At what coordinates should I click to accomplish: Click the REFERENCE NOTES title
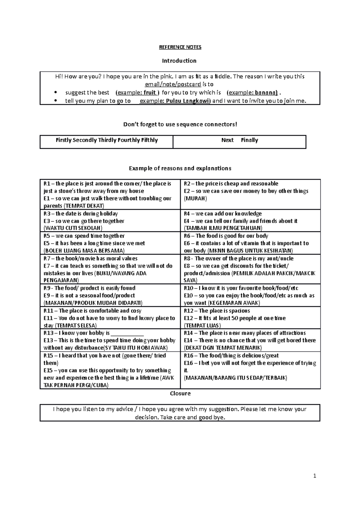[x=180, y=47]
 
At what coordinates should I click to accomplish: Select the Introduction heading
[x=179, y=61]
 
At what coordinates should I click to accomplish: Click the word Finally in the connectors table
[x=249, y=140]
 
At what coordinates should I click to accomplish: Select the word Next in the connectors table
[x=227, y=140]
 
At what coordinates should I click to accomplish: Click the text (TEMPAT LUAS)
[x=202, y=326]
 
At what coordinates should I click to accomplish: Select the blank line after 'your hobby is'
[x=127, y=333]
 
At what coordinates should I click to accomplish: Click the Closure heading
[x=180, y=394]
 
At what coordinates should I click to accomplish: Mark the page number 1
[x=315, y=476]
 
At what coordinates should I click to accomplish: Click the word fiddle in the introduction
[x=220, y=76]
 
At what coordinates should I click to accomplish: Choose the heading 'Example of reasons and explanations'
[x=180, y=168]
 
